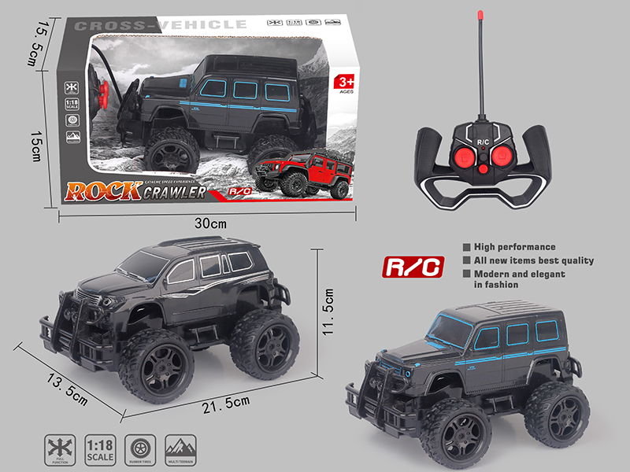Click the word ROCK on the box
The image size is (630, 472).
pyautogui.click(x=103, y=191)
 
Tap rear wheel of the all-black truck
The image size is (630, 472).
pyautogui.click(x=265, y=342)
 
